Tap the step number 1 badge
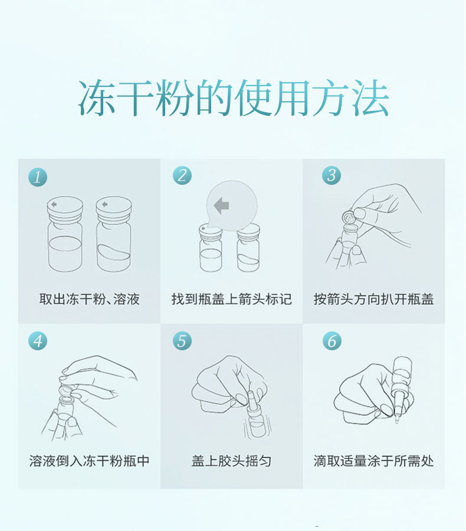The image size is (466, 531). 37,177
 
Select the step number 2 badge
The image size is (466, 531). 182,175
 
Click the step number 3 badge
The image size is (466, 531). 332,175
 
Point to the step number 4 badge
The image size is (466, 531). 37,341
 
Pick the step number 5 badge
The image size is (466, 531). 182,341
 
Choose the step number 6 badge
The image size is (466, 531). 332,341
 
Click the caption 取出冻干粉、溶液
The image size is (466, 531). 89,299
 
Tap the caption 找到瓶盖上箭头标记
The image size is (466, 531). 231,299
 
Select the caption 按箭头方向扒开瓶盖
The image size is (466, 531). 373,299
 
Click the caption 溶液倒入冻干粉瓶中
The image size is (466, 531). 89,461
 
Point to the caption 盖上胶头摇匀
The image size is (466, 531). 231,461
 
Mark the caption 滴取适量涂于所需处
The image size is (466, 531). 373,461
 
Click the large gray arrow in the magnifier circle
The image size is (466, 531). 222,206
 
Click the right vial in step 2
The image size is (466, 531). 248,248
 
